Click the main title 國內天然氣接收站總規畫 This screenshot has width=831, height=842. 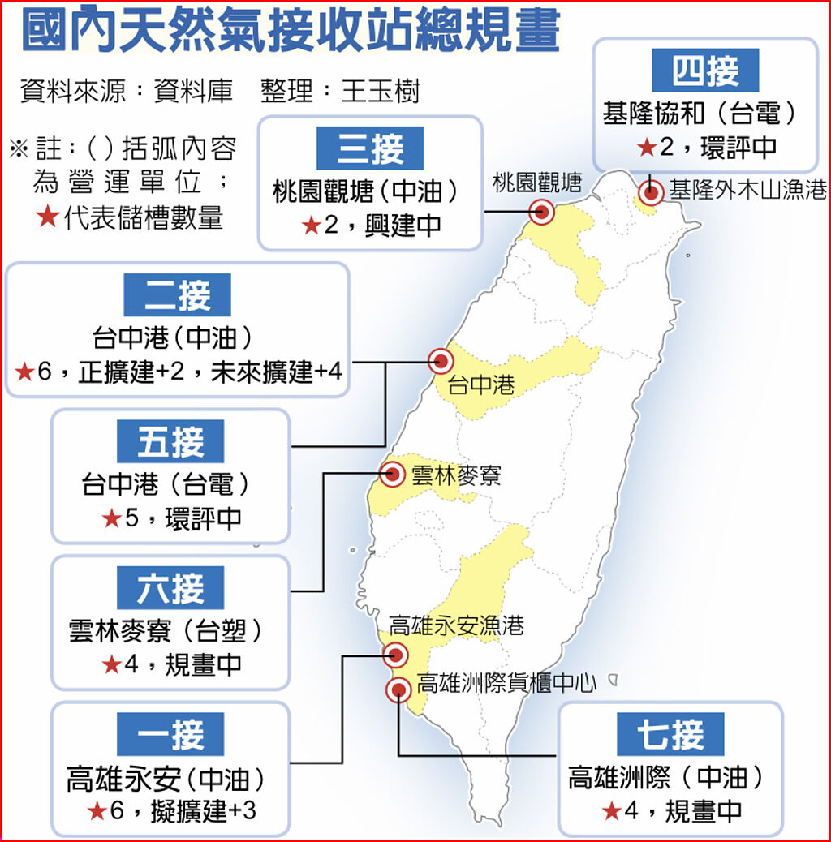pyautogui.click(x=291, y=31)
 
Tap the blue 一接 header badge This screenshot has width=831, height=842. pyautogui.click(x=170, y=735)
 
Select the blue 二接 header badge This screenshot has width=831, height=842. pyautogui.click(x=177, y=294)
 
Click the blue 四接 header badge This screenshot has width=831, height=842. pyautogui.click(x=705, y=71)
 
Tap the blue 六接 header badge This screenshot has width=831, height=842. pyautogui.click(x=170, y=587)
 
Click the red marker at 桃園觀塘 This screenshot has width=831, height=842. pyautogui.click(x=542, y=213)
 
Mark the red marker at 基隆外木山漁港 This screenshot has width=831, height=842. pyautogui.click(x=651, y=192)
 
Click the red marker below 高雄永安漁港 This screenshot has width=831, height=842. pyautogui.click(x=396, y=655)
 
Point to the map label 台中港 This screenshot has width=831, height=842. pyautogui.click(x=481, y=384)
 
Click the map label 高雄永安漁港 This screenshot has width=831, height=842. pyautogui.click(x=456, y=625)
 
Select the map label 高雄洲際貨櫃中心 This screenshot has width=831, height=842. pyautogui.click(x=506, y=684)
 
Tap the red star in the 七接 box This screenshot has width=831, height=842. pyautogui.click(x=612, y=810)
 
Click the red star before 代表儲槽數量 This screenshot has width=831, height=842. pyautogui.click(x=48, y=217)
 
